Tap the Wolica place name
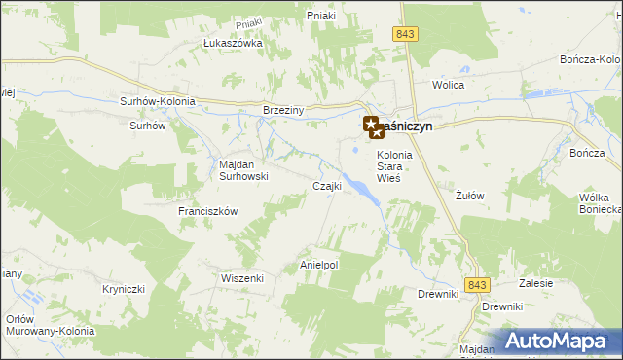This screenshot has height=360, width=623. (x=449, y=85)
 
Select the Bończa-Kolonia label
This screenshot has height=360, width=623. (x=591, y=59)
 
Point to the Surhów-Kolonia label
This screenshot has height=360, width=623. (x=158, y=101)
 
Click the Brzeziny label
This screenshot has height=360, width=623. (x=284, y=111)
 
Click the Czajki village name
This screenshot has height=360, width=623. (x=326, y=186)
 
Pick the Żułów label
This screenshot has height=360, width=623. (x=470, y=195)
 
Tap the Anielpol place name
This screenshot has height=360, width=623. (x=318, y=264)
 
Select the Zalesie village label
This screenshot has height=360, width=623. (x=536, y=283)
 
